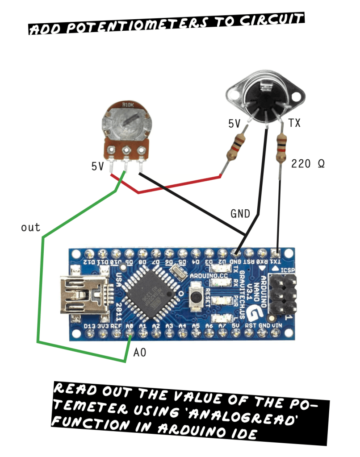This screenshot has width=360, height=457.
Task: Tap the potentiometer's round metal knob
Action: tap(126, 122)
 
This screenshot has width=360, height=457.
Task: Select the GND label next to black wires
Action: tap(240, 213)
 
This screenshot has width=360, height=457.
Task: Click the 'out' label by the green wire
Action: tap(30, 228)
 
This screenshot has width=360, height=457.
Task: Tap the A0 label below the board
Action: tap(140, 353)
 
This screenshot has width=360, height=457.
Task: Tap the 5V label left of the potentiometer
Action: tap(98, 166)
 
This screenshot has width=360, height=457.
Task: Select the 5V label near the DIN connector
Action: tap(234, 124)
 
